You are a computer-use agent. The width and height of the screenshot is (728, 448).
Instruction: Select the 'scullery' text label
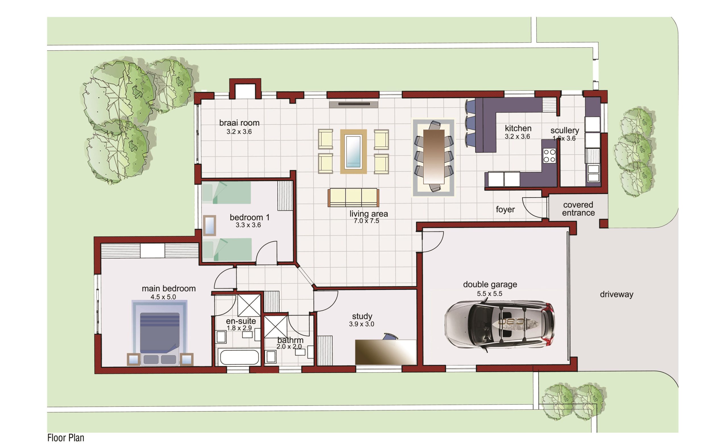[x=564, y=130]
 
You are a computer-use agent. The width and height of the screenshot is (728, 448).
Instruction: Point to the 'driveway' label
[x=617, y=294]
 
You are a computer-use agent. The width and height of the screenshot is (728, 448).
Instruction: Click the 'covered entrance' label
[x=578, y=209]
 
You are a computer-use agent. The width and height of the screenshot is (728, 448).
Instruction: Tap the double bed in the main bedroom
[x=160, y=338]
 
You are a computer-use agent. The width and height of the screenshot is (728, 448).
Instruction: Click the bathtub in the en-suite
[x=238, y=357]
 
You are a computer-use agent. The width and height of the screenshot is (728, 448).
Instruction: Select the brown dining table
[x=434, y=157]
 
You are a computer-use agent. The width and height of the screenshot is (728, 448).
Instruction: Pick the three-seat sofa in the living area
[x=353, y=198]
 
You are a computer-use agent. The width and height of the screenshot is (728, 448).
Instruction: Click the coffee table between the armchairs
[x=353, y=151]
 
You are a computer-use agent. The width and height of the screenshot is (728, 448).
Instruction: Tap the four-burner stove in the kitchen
[x=549, y=156]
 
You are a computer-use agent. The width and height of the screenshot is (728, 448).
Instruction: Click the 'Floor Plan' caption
[x=66, y=437]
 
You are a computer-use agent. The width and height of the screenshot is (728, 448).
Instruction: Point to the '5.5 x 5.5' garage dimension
[x=489, y=294]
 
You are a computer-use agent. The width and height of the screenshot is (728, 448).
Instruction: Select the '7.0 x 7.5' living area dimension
[x=366, y=221]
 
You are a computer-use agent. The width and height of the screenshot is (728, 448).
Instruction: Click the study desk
[x=386, y=352]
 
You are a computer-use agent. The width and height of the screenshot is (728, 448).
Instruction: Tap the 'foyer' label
[x=505, y=209]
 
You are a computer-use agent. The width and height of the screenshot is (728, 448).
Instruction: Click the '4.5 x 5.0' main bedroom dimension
[x=163, y=297]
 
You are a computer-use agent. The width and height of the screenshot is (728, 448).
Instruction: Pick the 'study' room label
[x=362, y=316]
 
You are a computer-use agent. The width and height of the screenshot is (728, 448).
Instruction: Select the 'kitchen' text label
[x=518, y=128]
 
